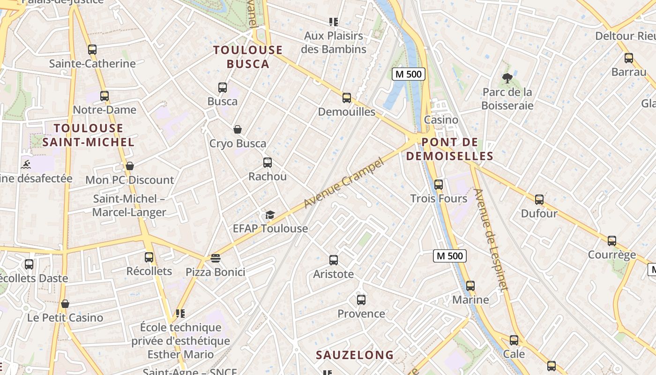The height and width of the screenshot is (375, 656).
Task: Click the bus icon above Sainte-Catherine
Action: coord(92,49)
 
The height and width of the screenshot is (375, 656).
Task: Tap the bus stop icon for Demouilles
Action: coord(347,97)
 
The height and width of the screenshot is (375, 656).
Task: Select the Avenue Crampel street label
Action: coord(343,183)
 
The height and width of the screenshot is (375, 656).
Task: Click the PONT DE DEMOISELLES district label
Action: coord(449,149)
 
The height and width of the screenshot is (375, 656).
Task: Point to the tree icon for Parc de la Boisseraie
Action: coord(507,78)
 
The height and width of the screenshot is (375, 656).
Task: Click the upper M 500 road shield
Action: coord(408,74)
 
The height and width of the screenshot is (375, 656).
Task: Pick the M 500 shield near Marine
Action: coord(449,255)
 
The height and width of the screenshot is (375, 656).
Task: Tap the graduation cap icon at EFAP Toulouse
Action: coord(270,215)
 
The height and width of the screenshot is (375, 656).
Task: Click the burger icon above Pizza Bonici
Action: coord(216,258)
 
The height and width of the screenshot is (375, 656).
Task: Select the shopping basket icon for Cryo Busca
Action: coord(238,129)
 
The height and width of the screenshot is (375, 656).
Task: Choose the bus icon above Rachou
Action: coord(268,163)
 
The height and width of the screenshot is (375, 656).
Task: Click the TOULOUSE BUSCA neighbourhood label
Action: coord(248,57)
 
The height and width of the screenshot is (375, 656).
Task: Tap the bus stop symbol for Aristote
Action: coord(334,260)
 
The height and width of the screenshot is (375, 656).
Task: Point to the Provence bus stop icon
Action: coord(361,300)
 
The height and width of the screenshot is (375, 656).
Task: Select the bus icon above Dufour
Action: coord(539,199)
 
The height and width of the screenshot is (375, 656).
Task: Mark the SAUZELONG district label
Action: coord(355,355)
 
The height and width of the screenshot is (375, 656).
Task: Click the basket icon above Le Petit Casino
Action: coord(65,304)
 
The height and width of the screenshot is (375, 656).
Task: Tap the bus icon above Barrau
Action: coord(629,58)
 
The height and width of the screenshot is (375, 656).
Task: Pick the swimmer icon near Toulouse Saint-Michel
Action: coord(26,165)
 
